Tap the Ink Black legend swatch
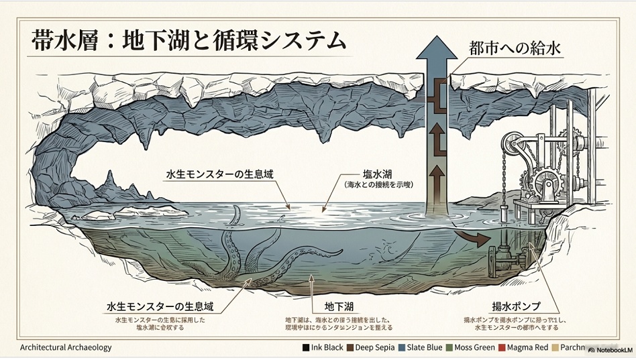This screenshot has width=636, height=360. [306, 347]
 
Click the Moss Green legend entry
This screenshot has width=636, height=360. [472, 347]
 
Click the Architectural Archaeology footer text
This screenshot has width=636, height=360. [66, 347]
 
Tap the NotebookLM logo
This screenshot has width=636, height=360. [607, 349]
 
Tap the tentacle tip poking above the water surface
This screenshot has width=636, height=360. [235, 215]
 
